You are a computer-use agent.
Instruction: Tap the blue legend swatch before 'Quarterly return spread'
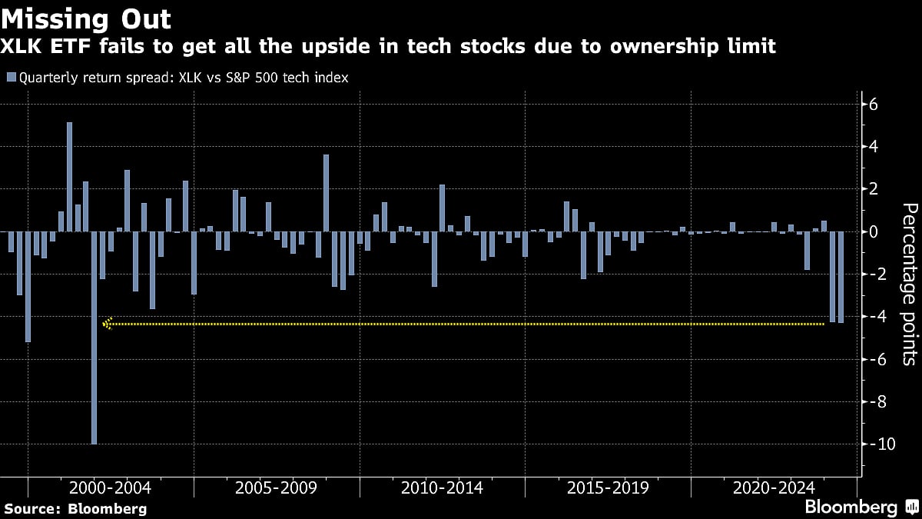[11, 78]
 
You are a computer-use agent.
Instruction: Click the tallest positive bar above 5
[69, 177]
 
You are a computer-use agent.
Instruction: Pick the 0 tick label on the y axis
[874, 231]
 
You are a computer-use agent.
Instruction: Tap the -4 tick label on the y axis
[877, 317]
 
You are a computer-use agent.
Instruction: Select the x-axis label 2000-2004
[110, 487]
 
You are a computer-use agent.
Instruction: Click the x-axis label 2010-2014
[442, 487]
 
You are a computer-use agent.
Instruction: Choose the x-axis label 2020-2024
[774, 487]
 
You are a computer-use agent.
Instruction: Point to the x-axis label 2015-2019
[608, 487]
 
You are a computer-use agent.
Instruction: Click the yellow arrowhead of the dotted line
[108, 324]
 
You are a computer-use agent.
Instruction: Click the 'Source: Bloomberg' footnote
[75, 508]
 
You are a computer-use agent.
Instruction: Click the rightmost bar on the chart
[841, 277]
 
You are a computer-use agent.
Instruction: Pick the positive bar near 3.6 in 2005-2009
[326, 192]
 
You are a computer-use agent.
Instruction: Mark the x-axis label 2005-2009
[276, 487]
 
